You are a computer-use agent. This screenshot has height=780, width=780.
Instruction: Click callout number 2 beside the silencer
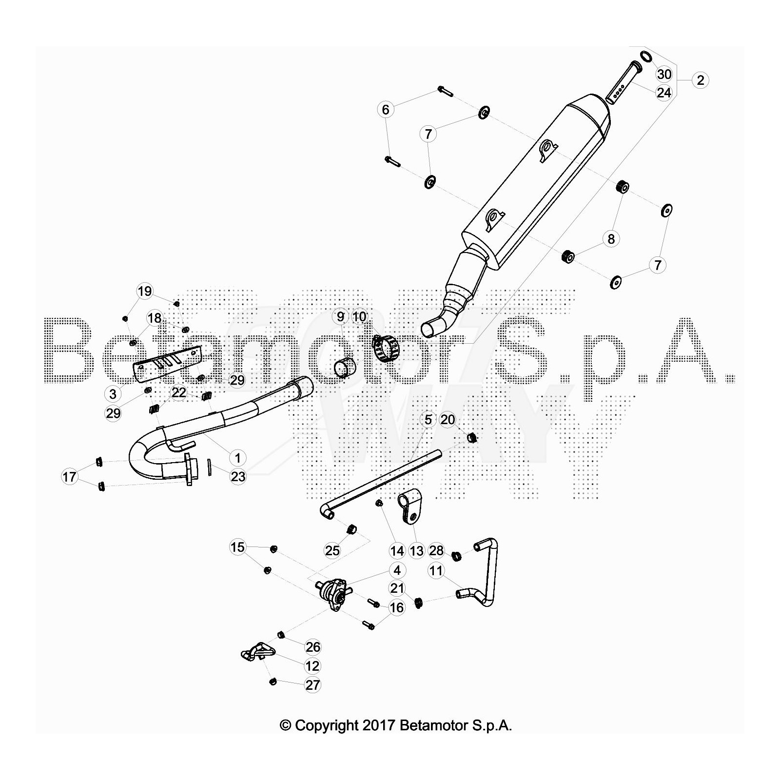701,80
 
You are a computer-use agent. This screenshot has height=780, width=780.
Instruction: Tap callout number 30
664,74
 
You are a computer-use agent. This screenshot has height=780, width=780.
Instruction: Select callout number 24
664,93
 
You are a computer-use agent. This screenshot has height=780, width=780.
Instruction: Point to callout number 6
386,109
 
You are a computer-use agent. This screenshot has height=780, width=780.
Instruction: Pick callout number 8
611,239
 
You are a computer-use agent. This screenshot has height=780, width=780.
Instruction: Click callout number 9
340,316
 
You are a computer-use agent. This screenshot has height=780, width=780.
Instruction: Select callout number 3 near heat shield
113,394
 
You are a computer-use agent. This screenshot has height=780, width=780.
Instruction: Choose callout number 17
69,476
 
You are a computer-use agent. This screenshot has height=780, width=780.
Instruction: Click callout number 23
238,476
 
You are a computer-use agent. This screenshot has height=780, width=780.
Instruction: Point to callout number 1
238,458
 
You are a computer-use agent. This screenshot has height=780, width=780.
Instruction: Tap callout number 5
428,419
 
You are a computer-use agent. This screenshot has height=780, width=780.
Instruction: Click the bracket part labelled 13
409,507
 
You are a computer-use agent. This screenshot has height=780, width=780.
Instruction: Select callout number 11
436,570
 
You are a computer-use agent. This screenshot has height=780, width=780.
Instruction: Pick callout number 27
312,684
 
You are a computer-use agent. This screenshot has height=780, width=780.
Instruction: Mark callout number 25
332,550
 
